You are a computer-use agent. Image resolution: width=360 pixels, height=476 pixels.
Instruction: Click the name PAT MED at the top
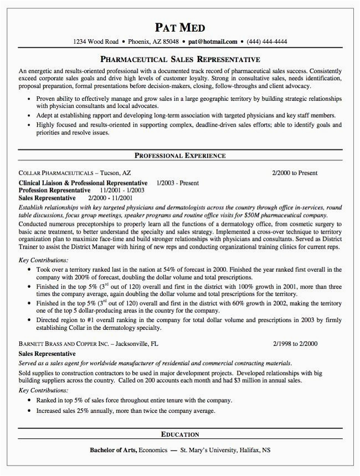point(179,27)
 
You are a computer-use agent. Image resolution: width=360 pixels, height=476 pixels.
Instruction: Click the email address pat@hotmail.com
point(213,42)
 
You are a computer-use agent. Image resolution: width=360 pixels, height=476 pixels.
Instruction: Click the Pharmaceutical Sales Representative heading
point(180,59)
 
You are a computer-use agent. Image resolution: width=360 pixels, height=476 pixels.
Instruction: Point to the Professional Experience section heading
point(180,156)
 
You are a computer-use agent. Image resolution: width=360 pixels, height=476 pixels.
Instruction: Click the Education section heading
point(180,434)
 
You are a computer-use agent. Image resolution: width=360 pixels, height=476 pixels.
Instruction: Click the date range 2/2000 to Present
point(295,173)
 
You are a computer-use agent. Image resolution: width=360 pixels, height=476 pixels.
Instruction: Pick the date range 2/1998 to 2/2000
point(295,344)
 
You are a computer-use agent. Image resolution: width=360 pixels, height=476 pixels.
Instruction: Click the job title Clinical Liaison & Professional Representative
point(83,183)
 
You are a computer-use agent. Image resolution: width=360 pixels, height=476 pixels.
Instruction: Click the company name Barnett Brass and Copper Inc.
point(63,344)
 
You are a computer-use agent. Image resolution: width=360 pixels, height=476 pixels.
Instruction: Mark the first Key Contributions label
point(44,260)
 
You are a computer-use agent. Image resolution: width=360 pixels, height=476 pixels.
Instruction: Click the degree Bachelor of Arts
point(114,449)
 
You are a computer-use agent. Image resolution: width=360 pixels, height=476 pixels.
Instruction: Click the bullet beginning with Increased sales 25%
point(125,411)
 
